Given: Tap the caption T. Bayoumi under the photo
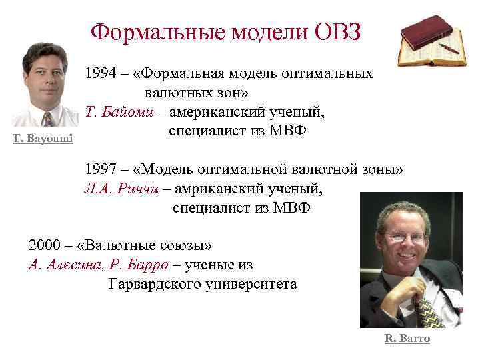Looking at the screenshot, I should click(43, 137).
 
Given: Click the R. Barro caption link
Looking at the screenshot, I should click(407, 339).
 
